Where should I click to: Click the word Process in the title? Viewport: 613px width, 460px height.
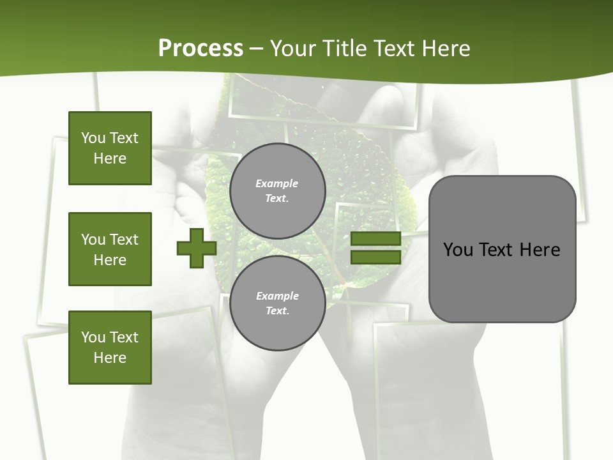(201, 49)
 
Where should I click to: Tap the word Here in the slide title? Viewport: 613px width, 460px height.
(446, 49)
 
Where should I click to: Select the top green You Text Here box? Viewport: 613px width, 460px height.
(110, 148)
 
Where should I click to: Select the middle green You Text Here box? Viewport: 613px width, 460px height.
(110, 249)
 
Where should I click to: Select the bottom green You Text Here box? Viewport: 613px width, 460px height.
(110, 348)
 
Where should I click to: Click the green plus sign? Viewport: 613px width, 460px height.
(196, 248)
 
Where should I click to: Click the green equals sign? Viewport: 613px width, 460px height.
(376, 248)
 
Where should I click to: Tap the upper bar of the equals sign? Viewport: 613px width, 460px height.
(376, 239)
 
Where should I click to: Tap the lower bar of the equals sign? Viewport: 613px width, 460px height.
(376, 257)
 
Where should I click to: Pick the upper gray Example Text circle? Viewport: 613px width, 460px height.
(277, 191)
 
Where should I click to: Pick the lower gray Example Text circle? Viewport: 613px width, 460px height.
(277, 303)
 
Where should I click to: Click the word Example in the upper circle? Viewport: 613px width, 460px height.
(277, 184)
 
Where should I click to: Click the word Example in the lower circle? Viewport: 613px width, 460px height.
(277, 296)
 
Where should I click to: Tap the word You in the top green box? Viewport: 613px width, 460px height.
(93, 138)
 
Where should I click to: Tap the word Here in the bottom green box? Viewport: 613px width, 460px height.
(110, 358)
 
